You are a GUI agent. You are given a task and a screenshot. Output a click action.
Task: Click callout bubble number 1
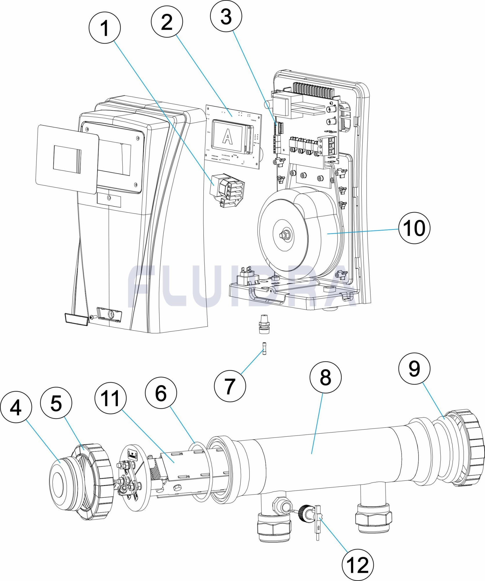[x=104, y=28]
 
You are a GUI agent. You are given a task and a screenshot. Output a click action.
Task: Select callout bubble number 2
[x=167, y=21]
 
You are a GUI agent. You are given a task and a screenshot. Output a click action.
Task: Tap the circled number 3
[x=226, y=17]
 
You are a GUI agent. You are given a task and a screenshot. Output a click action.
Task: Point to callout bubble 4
[x=16, y=407]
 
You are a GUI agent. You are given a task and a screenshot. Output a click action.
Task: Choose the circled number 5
[x=56, y=403]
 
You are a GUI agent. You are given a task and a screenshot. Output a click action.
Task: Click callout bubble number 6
[x=161, y=393]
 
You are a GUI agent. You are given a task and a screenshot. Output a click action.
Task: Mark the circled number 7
[x=230, y=386]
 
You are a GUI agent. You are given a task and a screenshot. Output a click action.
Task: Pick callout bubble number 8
[x=325, y=377]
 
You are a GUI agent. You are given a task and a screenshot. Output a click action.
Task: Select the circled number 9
[x=414, y=368]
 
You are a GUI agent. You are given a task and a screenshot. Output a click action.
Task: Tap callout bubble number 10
[x=414, y=228]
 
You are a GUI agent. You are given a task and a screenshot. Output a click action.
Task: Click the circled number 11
[x=111, y=398]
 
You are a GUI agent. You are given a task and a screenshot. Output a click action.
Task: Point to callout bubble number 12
[x=358, y=565]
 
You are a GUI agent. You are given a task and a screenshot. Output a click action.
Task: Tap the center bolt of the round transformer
[x=283, y=234]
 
